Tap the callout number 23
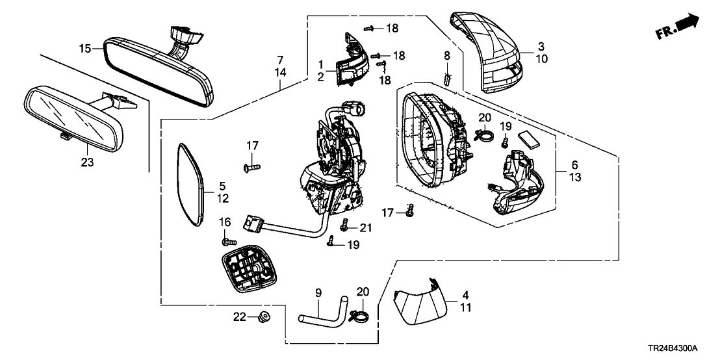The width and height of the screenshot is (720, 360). tap(87, 162)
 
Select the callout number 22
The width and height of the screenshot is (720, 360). tap(240, 316)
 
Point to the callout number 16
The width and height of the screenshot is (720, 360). tap(225, 222)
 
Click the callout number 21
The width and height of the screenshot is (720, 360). tap(366, 227)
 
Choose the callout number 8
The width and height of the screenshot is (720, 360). tap(446, 55)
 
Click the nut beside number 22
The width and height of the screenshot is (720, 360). tap(264, 316)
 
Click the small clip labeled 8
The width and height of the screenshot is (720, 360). tap(447, 79)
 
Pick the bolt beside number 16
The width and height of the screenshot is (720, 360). tap(228, 242)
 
